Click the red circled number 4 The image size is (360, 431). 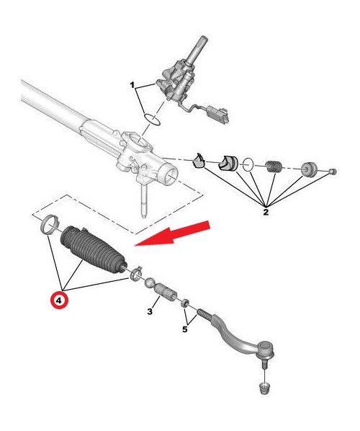click(x=59, y=300)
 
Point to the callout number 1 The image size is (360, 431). click(x=132, y=85)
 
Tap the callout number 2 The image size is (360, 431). click(x=266, y=212)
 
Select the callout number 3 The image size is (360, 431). click(x=150, y=311)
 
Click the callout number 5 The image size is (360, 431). click(x=185, y=329)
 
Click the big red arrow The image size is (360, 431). click(x=173, y=233)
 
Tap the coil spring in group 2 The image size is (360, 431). click(x=273, y=166)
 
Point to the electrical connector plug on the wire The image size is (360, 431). click(x=217, y=115)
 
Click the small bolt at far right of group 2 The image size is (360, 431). click(x=333, y=172)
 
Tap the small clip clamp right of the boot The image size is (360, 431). click(x=135, y=272)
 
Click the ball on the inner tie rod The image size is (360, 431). click(x=150, y=283)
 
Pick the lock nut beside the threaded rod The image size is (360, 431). click(x=185, y=303)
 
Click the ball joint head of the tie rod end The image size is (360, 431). click(x=266, y=350)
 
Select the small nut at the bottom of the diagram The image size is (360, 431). click(x=265, y=388)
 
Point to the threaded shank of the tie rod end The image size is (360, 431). click(x=204, y=315)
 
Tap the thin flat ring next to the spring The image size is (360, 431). click(x=248, y=164)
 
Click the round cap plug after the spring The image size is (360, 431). click(x=309, y=169)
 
